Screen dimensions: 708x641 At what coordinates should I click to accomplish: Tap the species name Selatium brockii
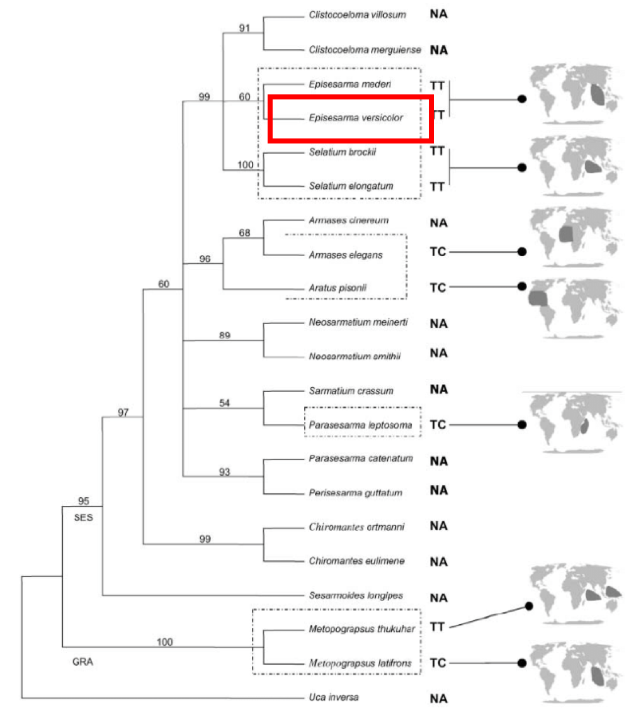(343, 152)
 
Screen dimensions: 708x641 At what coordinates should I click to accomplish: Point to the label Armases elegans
(346, 255)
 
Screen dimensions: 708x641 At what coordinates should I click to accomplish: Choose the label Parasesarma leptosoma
(360, 425)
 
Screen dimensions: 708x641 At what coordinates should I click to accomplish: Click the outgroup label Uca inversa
(334, 697)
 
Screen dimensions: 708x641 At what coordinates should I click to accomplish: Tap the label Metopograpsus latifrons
(360, 663)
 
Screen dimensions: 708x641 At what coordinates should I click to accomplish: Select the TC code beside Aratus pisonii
(438, 288)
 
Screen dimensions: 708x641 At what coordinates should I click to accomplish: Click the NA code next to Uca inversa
(439, 697)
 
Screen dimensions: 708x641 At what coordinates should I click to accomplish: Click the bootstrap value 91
(245, 28)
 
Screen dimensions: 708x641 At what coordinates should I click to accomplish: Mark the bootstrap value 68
(245, 233)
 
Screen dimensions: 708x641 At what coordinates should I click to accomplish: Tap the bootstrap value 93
(225, 472)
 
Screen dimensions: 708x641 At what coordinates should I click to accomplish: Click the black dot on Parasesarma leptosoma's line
(521, 425)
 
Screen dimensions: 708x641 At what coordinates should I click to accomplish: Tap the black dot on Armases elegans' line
(521, 252)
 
